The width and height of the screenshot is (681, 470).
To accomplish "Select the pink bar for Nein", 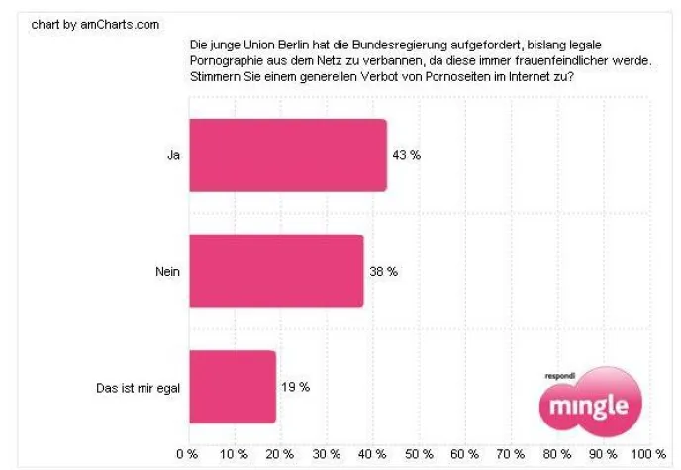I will [275, 271].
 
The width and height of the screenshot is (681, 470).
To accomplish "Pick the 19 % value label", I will [296, 387].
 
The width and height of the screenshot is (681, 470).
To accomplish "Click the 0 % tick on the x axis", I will [186, 454].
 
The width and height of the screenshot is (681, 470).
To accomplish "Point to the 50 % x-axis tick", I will [419, 454].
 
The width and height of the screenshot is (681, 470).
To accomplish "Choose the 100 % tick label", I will [646, 454].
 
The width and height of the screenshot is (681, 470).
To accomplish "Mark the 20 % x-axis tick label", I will [279, 454].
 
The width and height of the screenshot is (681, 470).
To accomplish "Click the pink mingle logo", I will [590, 405].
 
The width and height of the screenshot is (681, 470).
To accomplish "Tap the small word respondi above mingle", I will [560, 376].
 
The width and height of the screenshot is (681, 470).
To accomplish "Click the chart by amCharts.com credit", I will [95, 24].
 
